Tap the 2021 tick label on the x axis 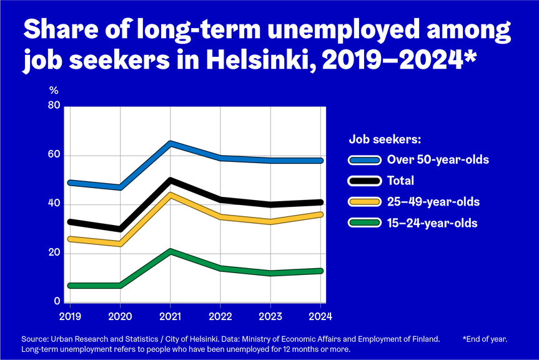(x=171, y=316)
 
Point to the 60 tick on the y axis (x=54, y=155)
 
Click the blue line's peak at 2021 (x=171, y=144)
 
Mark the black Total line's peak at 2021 (x=171, y=181)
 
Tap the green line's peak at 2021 (x=171, y=251)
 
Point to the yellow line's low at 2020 (x=119, y=244)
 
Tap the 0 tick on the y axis (x=56, y=302)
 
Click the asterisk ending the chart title (x=469, y=57)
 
